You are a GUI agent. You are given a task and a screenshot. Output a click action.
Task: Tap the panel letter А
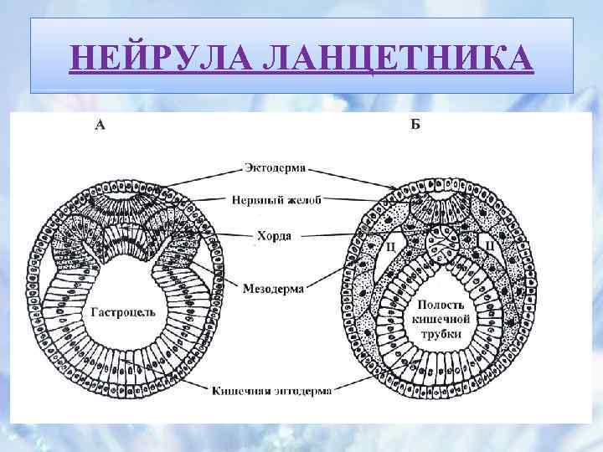coord(100,126)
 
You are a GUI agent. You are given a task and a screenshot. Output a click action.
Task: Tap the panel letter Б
coord(415,126)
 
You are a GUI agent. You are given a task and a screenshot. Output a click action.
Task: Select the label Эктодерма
coord(274,168)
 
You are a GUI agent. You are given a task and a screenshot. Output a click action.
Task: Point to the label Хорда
coord(274,236)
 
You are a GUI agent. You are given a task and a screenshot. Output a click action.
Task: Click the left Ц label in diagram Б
coord(390,245)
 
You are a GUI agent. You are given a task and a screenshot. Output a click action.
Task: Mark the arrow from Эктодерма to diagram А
coord(201,177)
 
